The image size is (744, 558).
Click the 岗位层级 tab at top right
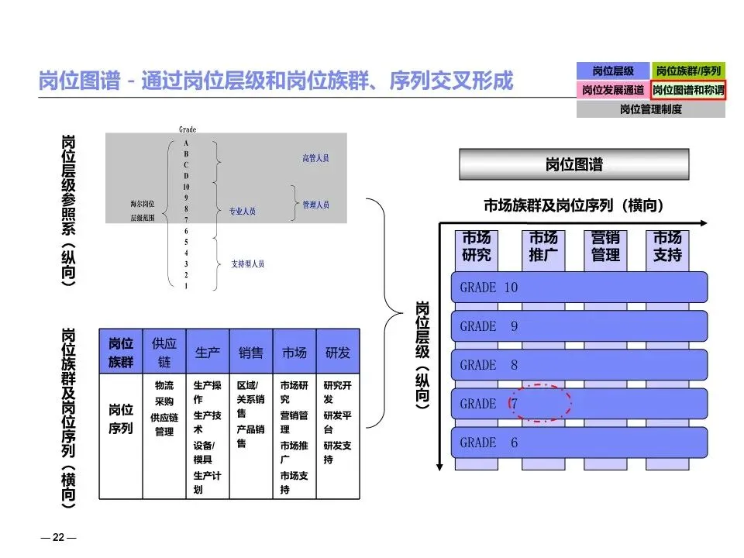(x=613, y=71)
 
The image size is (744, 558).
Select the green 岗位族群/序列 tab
(x=688, y=71)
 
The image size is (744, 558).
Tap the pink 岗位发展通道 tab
(x=613, y=90)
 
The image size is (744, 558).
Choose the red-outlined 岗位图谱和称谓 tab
(x=688, y=90)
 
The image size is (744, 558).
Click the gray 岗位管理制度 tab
(x=651, y=109)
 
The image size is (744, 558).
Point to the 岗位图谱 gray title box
(x=574, y=165)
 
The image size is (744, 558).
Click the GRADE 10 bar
(x=579, y=288)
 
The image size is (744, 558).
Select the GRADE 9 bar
(x=579, y=326)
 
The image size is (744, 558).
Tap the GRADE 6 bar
(x=579, y=443)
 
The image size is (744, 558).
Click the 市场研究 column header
(x=477, y=246)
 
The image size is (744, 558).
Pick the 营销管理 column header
(x=605, y=246)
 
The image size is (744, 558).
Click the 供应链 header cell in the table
(x=164, y=353)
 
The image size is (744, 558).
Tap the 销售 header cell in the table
(x=251, y=353)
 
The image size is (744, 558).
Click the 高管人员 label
(x=315, y=158)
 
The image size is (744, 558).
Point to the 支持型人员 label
(x=248, y=263)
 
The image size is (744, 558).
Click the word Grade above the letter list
(x=187, y=130)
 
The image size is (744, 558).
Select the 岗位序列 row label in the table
(x=121, y=418)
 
